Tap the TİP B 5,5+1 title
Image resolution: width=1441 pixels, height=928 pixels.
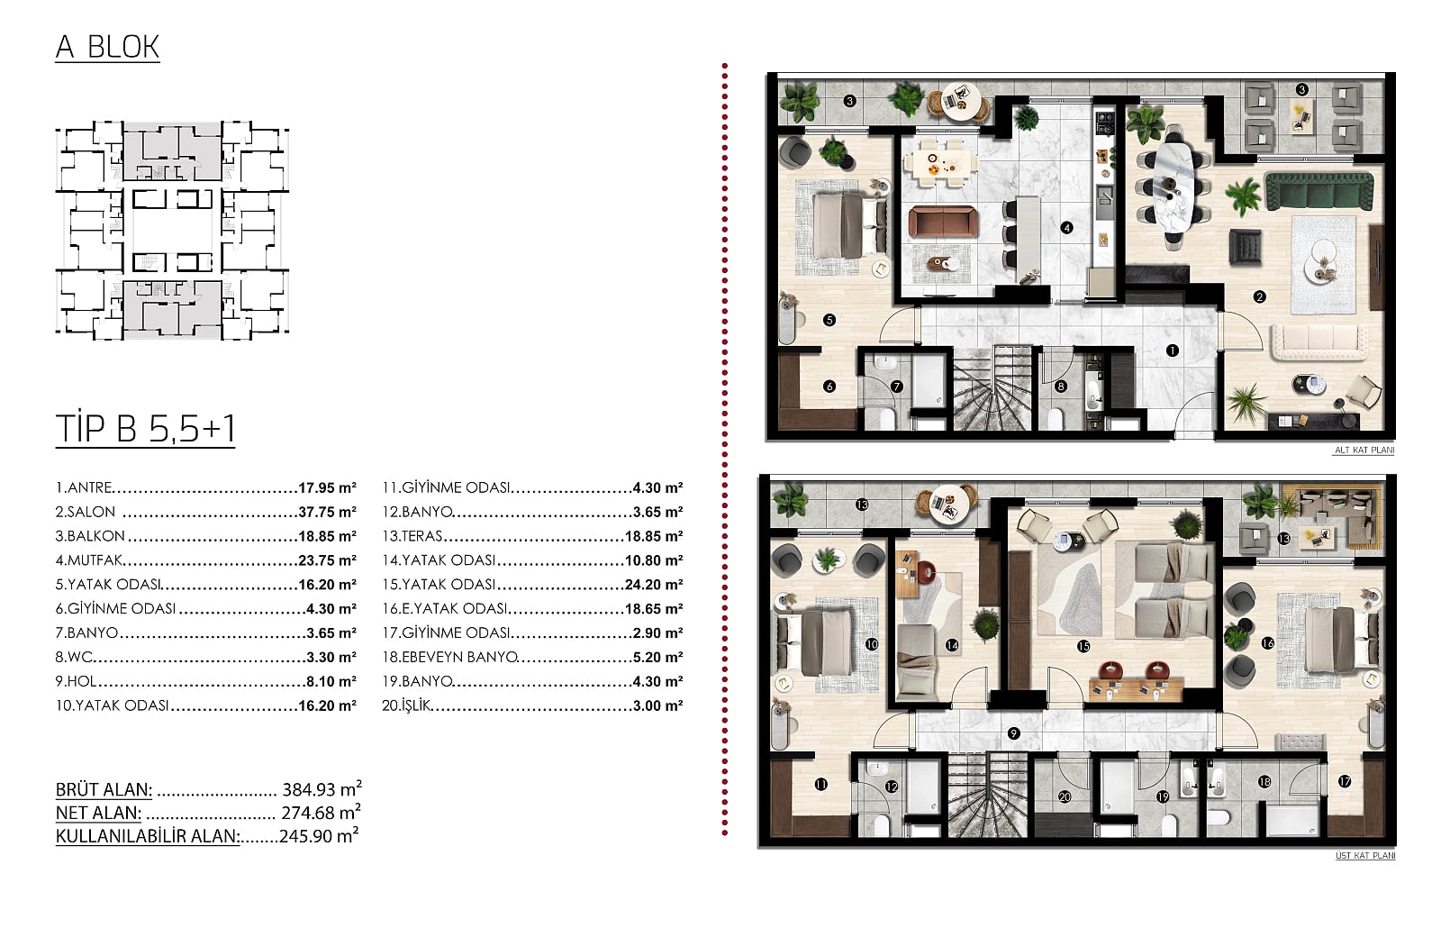tap(145, 428)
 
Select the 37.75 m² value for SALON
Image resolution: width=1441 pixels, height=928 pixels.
tap(328, 512)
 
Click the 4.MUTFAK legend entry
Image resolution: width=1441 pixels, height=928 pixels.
tap(89, 560)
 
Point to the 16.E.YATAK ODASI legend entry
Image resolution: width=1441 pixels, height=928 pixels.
tap(445, 608)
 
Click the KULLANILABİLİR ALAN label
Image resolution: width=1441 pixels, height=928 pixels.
tap(148, 836)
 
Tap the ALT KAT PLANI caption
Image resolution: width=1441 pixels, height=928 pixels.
tap(1364, 450)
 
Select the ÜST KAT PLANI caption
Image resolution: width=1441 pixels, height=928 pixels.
tap(1365, 855)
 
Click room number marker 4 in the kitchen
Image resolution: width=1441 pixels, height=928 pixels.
tap(1066, 227)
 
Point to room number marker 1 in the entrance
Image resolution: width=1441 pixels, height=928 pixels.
tap(1172, 350)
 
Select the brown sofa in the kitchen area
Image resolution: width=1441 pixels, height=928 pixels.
tap(942, 222)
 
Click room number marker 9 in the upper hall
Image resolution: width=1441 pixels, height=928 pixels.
tap(1013, 733)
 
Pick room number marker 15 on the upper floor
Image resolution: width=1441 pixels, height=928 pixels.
tap(1083, 645)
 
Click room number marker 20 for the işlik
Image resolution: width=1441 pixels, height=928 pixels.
tap(1065, 796)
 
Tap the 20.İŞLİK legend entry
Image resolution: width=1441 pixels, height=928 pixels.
tap(406, 705)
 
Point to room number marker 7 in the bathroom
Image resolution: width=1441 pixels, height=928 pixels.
tap(897, 387)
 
